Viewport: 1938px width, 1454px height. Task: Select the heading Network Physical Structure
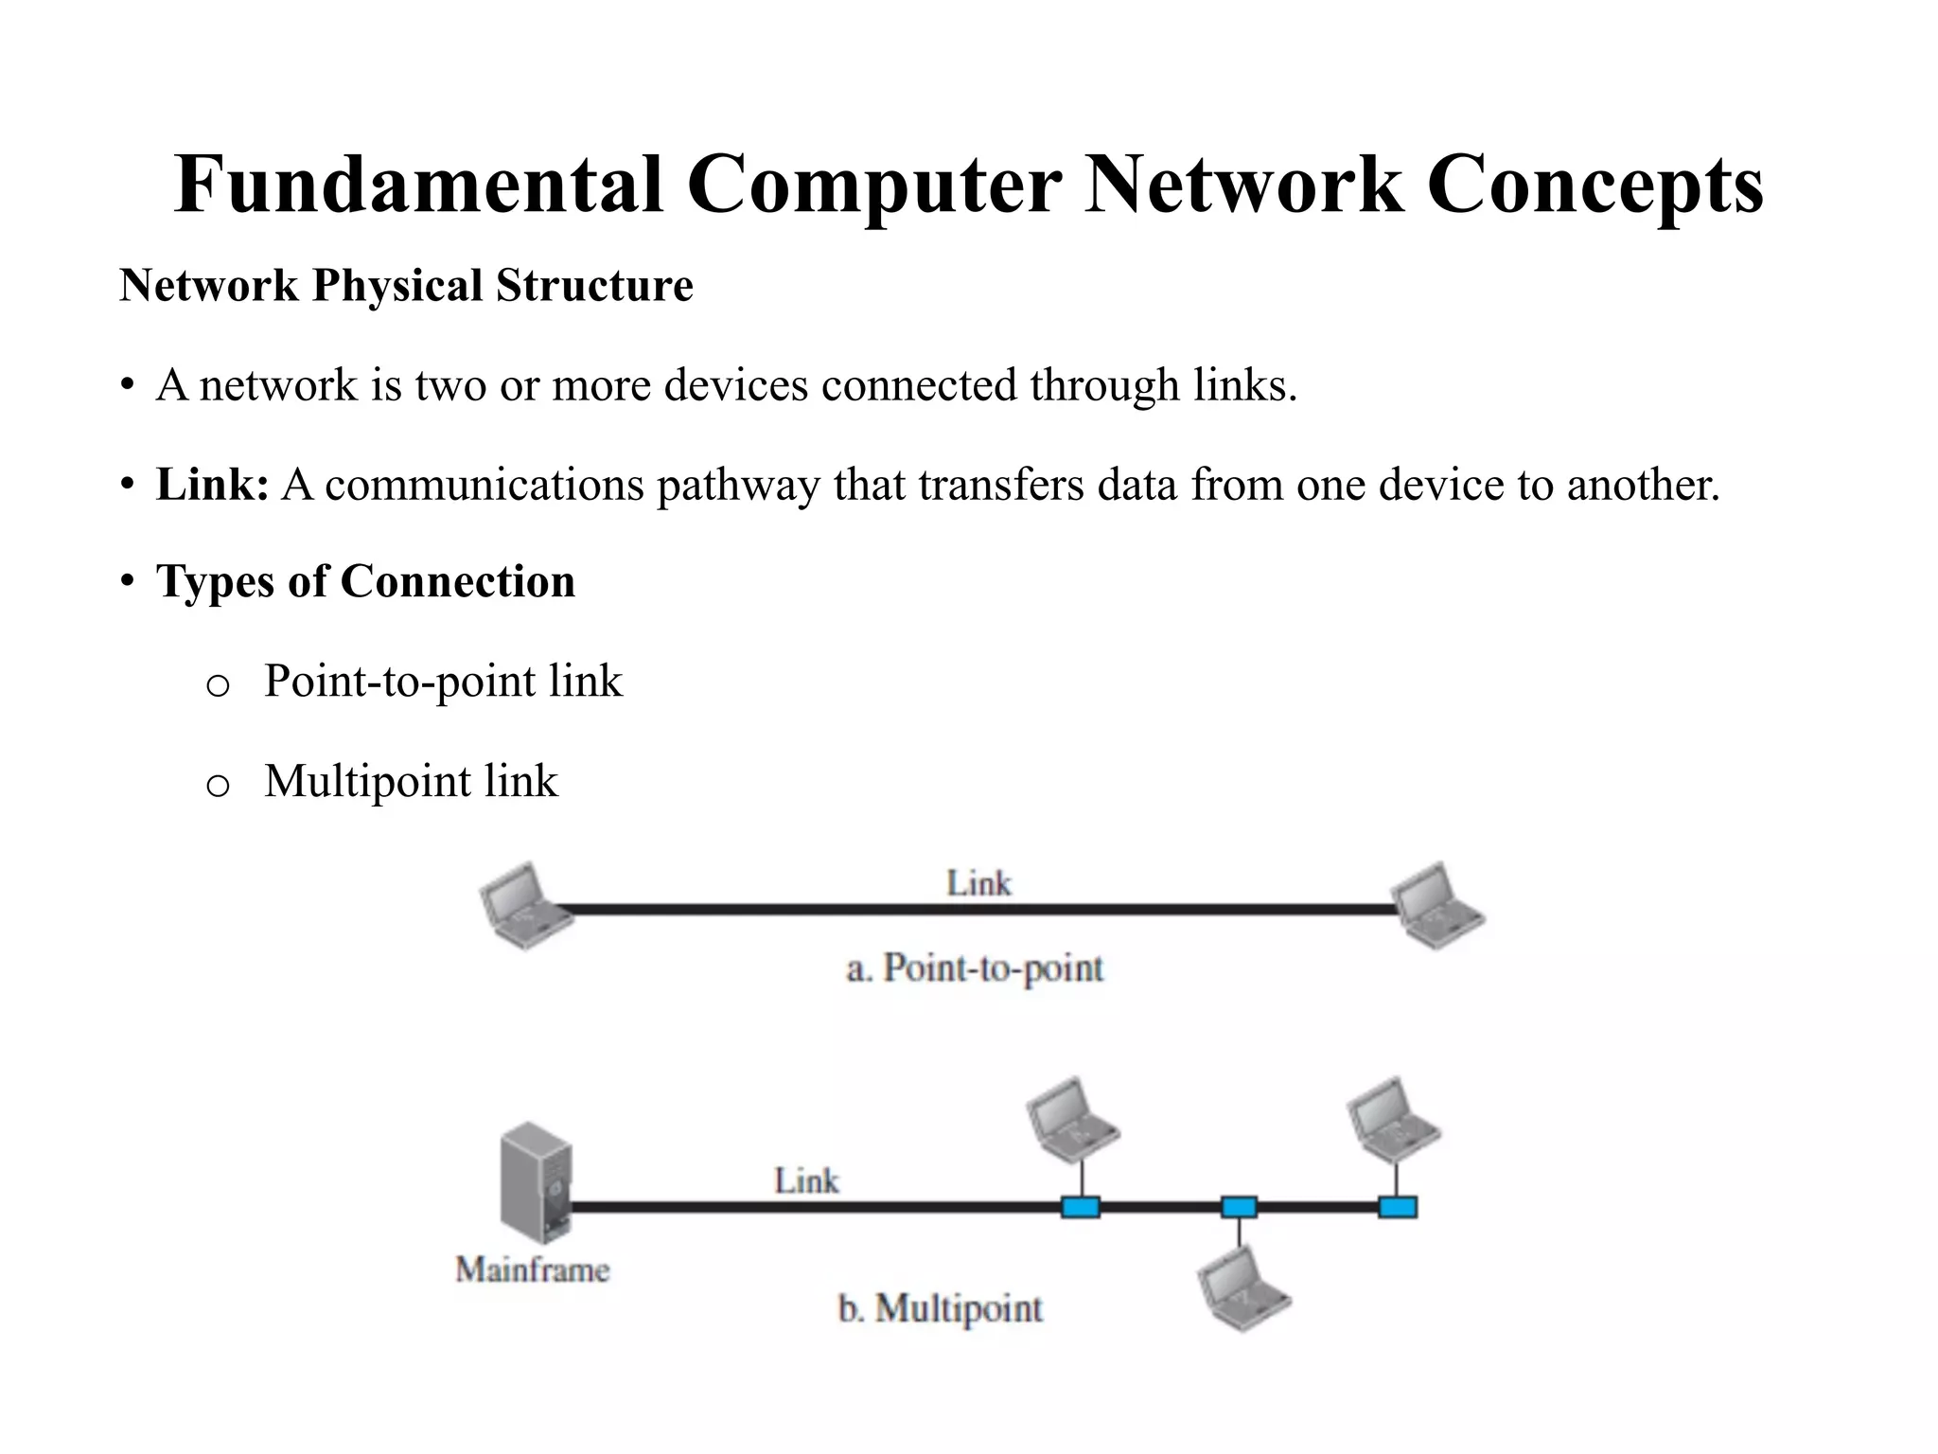406,286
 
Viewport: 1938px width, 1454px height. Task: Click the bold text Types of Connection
365,581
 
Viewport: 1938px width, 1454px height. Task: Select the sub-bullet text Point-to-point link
443,681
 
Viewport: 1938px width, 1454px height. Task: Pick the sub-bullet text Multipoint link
411,781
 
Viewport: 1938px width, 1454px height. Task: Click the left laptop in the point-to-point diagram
523,905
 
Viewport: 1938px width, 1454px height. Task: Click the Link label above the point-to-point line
978,883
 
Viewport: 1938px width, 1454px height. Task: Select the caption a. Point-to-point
975,968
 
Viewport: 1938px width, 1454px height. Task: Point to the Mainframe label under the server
533,1269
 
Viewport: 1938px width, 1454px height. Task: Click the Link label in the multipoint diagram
806,1180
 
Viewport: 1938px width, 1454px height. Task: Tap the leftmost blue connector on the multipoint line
1080,1207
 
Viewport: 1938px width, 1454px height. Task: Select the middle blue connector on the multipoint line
1239,1207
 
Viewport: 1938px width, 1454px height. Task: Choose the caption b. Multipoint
940,1308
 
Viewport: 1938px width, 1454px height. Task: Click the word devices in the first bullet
736,385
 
